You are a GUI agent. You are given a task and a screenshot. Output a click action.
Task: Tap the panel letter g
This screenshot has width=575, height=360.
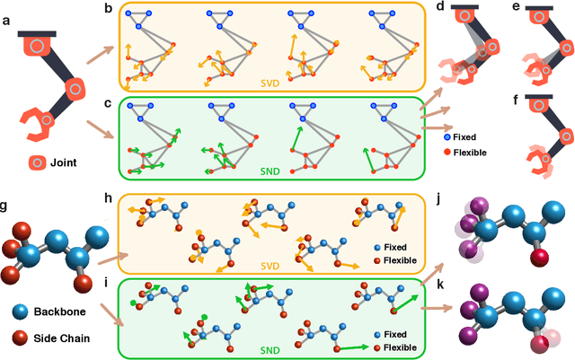point(7,206)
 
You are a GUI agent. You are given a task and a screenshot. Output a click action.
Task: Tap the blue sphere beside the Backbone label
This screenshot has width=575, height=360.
point(23,312)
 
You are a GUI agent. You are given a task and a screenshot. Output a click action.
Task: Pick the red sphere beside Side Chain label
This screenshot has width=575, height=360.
point(23,339)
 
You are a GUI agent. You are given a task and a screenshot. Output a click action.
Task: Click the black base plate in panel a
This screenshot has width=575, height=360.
point(37,33)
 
